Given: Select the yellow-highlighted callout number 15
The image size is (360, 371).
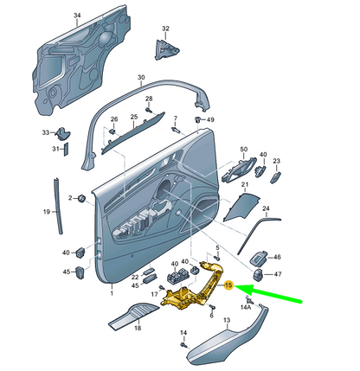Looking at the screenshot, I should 229,285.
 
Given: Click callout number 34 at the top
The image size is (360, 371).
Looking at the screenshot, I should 76,16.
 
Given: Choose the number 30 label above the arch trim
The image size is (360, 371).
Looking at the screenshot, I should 141,77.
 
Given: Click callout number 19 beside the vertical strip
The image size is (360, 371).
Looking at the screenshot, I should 48,211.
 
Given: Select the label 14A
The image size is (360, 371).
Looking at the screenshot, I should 245,307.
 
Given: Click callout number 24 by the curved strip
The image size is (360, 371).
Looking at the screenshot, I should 267,208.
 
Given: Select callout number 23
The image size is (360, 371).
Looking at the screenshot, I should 277,161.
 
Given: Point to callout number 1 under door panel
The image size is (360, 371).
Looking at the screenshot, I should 112,294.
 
